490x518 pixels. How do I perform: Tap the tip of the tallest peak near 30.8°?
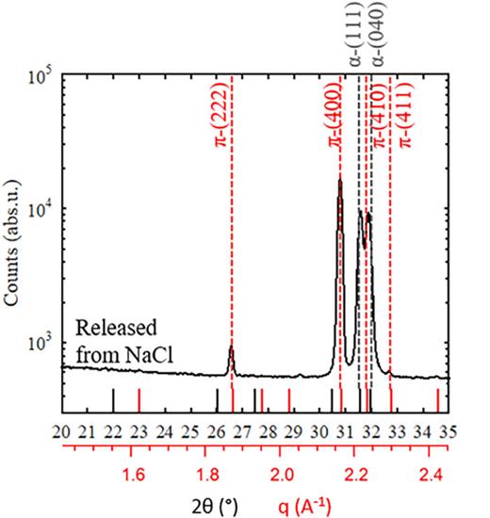(339, 179)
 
